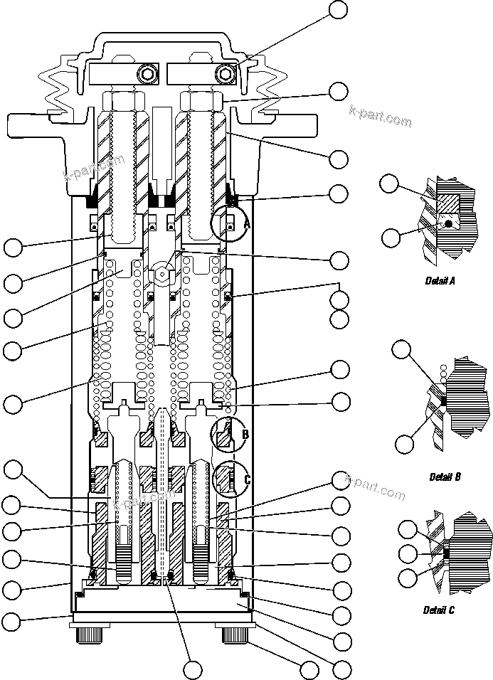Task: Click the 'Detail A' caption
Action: pos(440,281)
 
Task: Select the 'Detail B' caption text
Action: pos(445,477)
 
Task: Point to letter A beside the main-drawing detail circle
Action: pos(247,224)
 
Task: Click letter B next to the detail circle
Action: pos(245,433)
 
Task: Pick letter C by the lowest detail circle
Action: pos(247,479)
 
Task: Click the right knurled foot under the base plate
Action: pos(235,633)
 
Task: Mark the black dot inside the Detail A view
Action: pos(448,224)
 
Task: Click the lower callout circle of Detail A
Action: pos(390,238)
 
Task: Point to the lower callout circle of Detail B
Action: pos(404,445)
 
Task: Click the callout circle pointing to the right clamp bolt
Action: pos(339,10)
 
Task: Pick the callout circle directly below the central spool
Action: pos(192,669)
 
